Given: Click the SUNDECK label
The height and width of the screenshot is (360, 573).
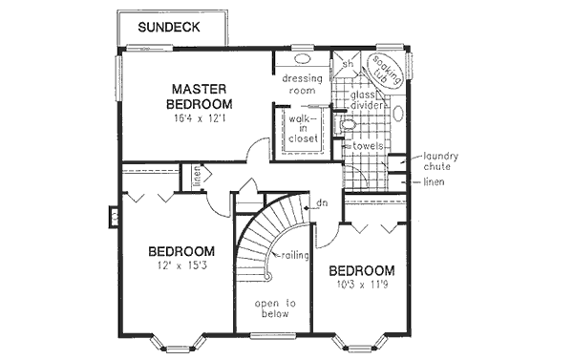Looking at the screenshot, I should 168,28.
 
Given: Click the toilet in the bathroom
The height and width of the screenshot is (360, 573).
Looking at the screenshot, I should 349,125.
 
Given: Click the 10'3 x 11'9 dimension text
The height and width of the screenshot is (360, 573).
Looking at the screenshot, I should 364,285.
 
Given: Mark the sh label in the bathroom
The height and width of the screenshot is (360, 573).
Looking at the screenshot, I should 350,63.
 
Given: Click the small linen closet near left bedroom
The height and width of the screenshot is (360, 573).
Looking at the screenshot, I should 196,178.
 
